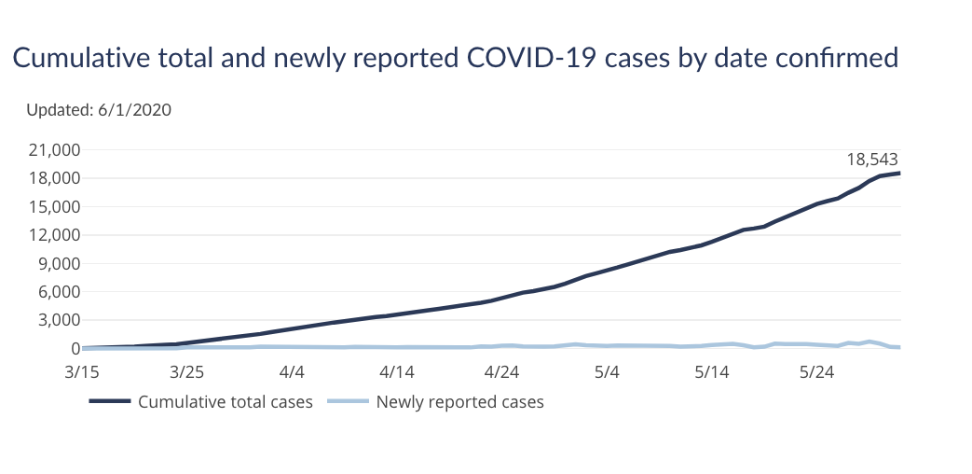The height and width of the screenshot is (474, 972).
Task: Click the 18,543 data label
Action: pyautogui.click(x=872, y=159)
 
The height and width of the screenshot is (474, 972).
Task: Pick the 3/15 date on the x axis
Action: pyautogui.click(x=83, y=371)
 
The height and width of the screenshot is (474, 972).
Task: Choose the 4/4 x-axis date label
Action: pyautogui.click(x=293, y=371)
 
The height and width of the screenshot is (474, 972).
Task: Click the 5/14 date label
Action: pyautogui.click(x=712, y=371)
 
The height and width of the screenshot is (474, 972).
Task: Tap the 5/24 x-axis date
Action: pyautogui.click(x=817, y=371)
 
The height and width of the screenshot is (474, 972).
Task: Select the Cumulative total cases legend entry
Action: pyautogui.click(x=225, y=402)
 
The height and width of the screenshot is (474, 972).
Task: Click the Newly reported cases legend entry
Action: pyautogui.click(x=459, y=402)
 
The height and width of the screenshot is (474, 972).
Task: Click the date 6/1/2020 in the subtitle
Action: pyautogui.click(x=134, y=110)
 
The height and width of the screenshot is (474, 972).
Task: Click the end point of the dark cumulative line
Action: pyautogui.click(x=899, y=173)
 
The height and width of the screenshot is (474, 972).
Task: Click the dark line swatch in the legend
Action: pyautogui.click(x=109, y=402)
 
